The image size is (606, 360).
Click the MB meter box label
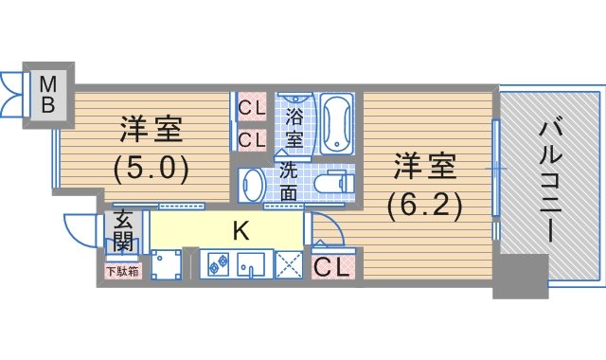48,95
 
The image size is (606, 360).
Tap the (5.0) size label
151,168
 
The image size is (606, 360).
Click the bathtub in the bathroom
337,124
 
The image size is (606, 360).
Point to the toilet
334,182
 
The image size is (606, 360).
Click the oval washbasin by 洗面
252,185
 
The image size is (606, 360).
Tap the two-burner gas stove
218,264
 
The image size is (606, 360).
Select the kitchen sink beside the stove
250,264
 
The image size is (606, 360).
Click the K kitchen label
241,231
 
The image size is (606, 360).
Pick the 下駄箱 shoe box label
122,272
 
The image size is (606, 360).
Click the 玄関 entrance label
124,231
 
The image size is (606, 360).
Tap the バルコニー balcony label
550,181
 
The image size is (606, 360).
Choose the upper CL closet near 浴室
252,107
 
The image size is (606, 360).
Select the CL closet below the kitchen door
332,266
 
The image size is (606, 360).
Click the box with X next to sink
289,264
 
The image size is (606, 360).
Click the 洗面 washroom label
289,181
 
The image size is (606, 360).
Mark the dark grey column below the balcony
521,276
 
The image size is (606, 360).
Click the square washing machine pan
167,264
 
